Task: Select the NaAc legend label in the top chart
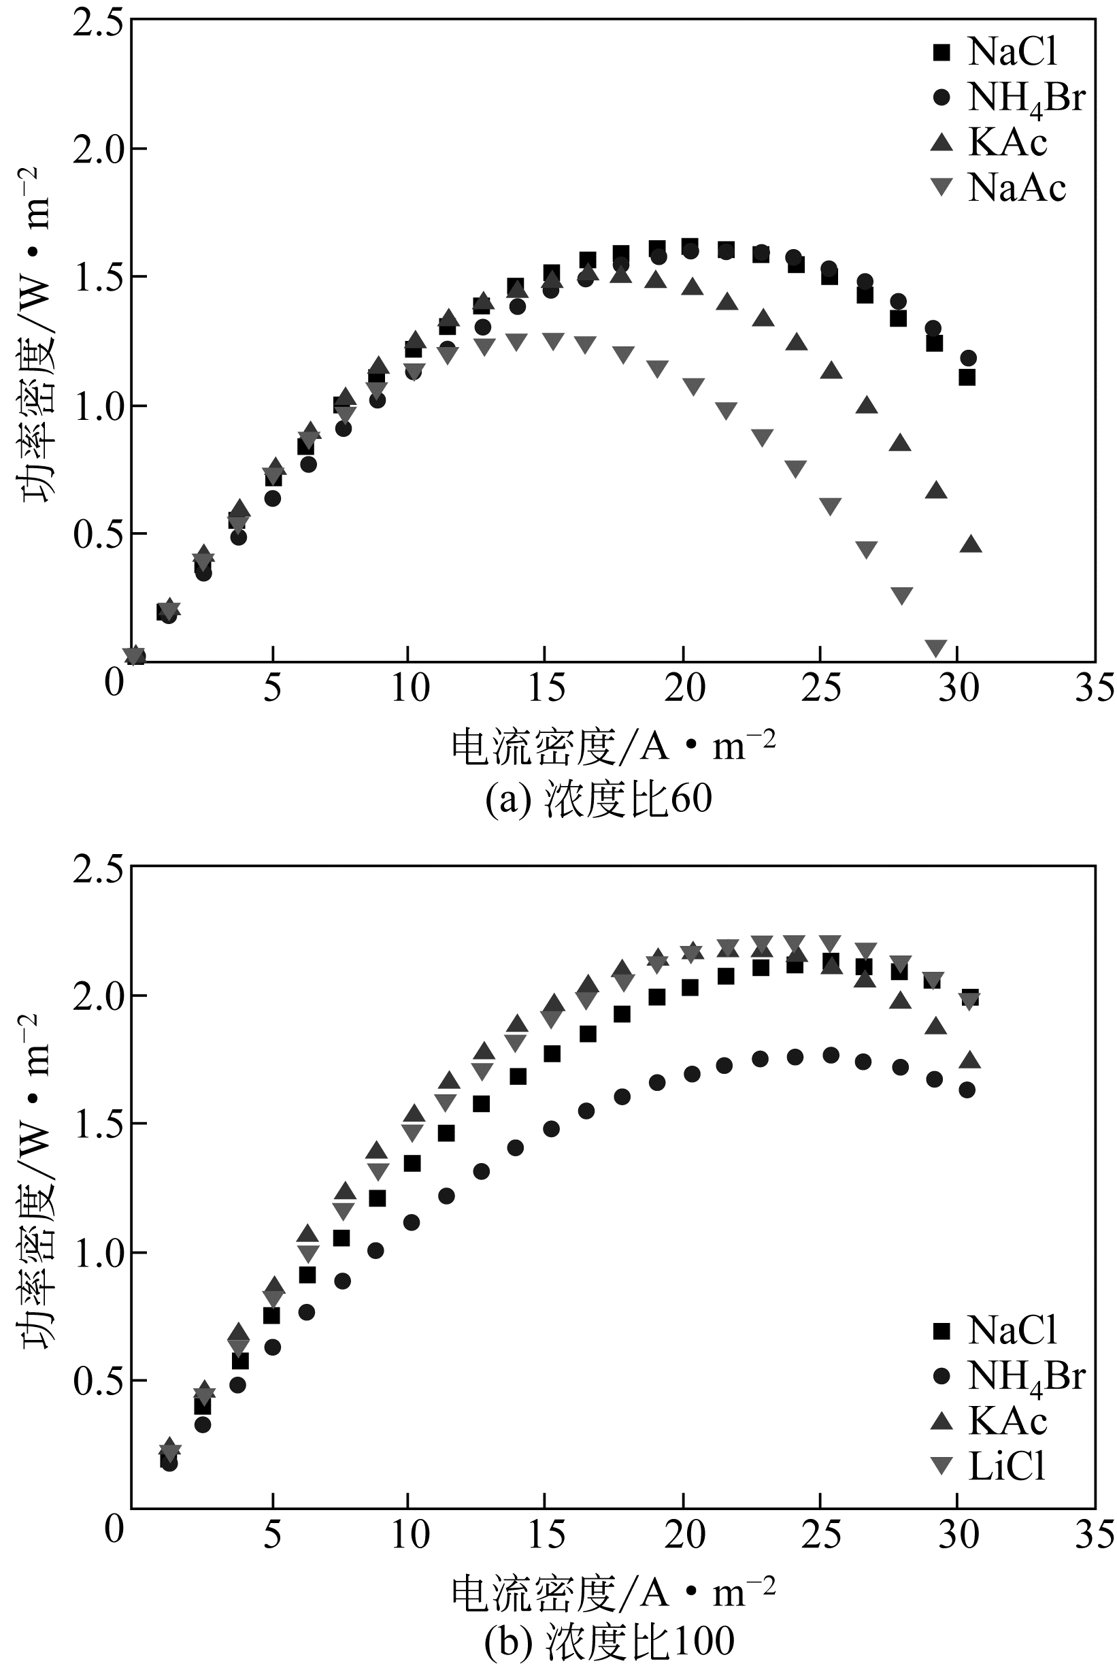click(x=1016, y=188)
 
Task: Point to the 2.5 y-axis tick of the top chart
click(x=101, y=20)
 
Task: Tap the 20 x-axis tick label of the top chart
click(x=684, y=687)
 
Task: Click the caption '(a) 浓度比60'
click(x=599, y=799)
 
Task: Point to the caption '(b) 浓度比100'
click(x=609, y=1641)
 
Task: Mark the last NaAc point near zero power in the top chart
click(x=936, y=648)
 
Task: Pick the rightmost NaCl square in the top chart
click(x=967, y=378)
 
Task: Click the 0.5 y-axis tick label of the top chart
click(x=101, y=534)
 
